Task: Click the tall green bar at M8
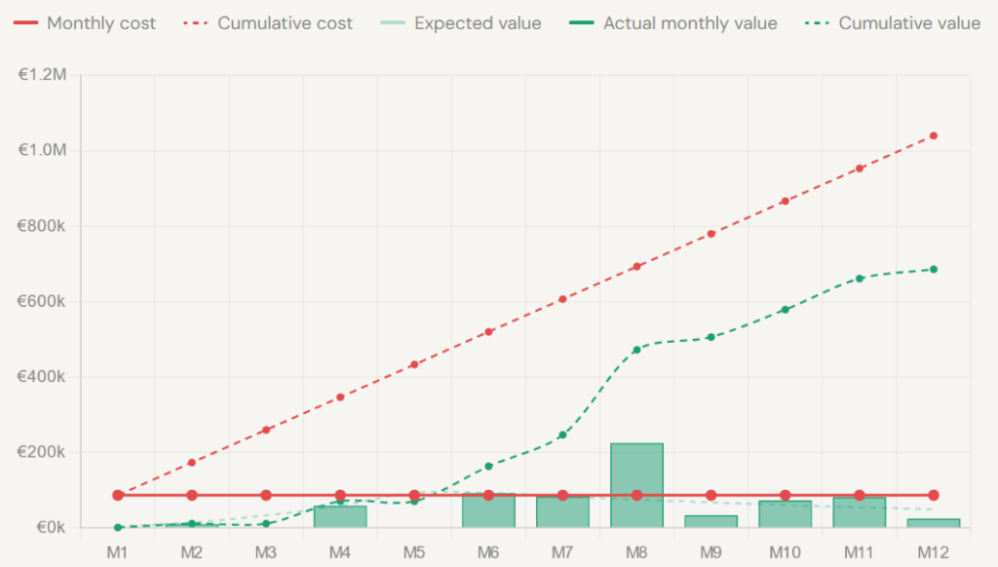(636, 485)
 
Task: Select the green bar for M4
(340, 516)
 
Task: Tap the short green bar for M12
(933, 523)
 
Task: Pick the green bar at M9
(710, 521)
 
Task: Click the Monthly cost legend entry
(83, 23)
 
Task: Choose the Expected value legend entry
(460, 23)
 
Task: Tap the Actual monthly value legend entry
(672, 23)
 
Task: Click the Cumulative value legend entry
(892, 23)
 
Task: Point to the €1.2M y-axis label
(42, 75)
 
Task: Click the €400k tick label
(42, 377)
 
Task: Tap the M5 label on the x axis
(414, 552)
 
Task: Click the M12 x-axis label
(933, 552)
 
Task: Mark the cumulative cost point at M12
(933, 135)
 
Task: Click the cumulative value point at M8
(636, 350)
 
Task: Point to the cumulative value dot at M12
(933, 269)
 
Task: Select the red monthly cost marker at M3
(266, 495)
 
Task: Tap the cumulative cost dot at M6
(488, 332)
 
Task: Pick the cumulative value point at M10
(785, 310)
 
